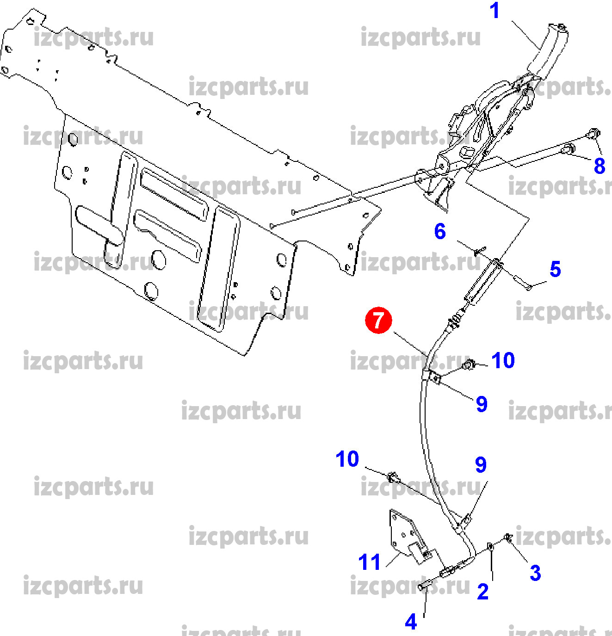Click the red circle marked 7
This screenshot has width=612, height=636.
click(x=378, y=320)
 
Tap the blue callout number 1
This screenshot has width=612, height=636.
click(x=495, y=11)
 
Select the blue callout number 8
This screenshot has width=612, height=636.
click(x=600, y=166)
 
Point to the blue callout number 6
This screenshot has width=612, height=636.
click(x=440, y=231)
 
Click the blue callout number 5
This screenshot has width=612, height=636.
click(x=555, y=269)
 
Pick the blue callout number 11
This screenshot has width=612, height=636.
click(x=369, y=562)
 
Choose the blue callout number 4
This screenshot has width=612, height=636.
click(x=411, y=622)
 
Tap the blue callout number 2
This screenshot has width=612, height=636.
click(x=482, y=591)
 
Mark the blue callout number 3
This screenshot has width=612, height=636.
click(x=535, y=573)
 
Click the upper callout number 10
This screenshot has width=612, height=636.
click(x=503, y=360)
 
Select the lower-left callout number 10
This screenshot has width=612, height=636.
click(x=347, y=459)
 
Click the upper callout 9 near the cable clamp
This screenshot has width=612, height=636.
click(x=482, y=404)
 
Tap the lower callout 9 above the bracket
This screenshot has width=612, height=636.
click(x=481, y=465)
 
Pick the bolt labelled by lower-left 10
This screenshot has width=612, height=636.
click(x=393, y=477)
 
